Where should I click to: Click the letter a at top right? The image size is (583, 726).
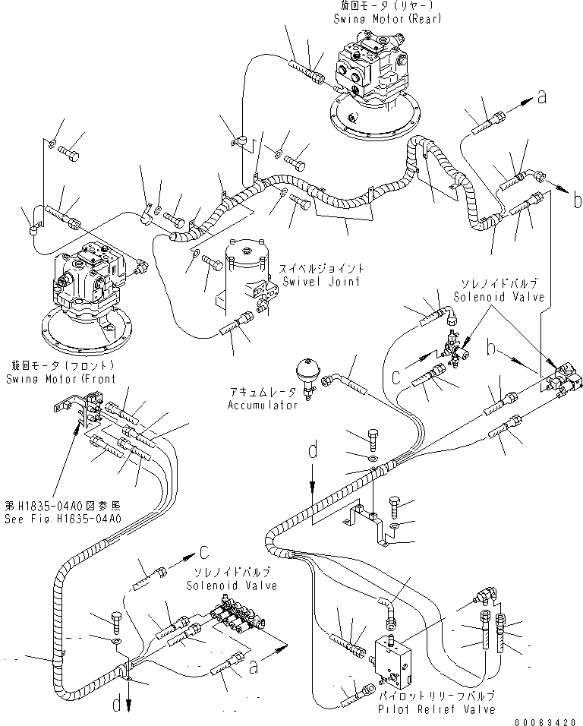click(541, 96)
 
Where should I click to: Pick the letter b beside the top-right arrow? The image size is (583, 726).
click(577, 202)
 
